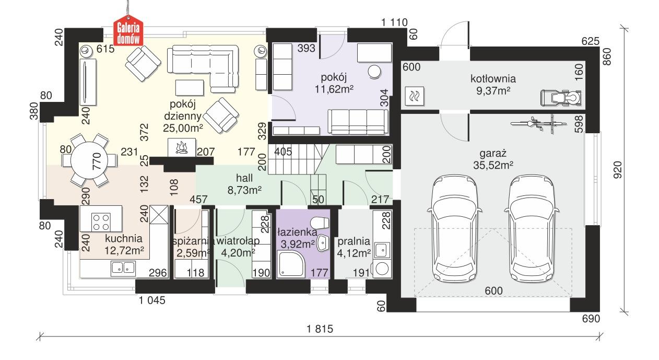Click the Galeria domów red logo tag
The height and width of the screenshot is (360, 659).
tap(128, 34)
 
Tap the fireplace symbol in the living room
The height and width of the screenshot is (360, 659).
tap(181, 147)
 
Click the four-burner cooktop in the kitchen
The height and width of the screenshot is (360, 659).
tap(100, 222)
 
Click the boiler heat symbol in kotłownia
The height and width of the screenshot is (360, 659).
tap(416, 96)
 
